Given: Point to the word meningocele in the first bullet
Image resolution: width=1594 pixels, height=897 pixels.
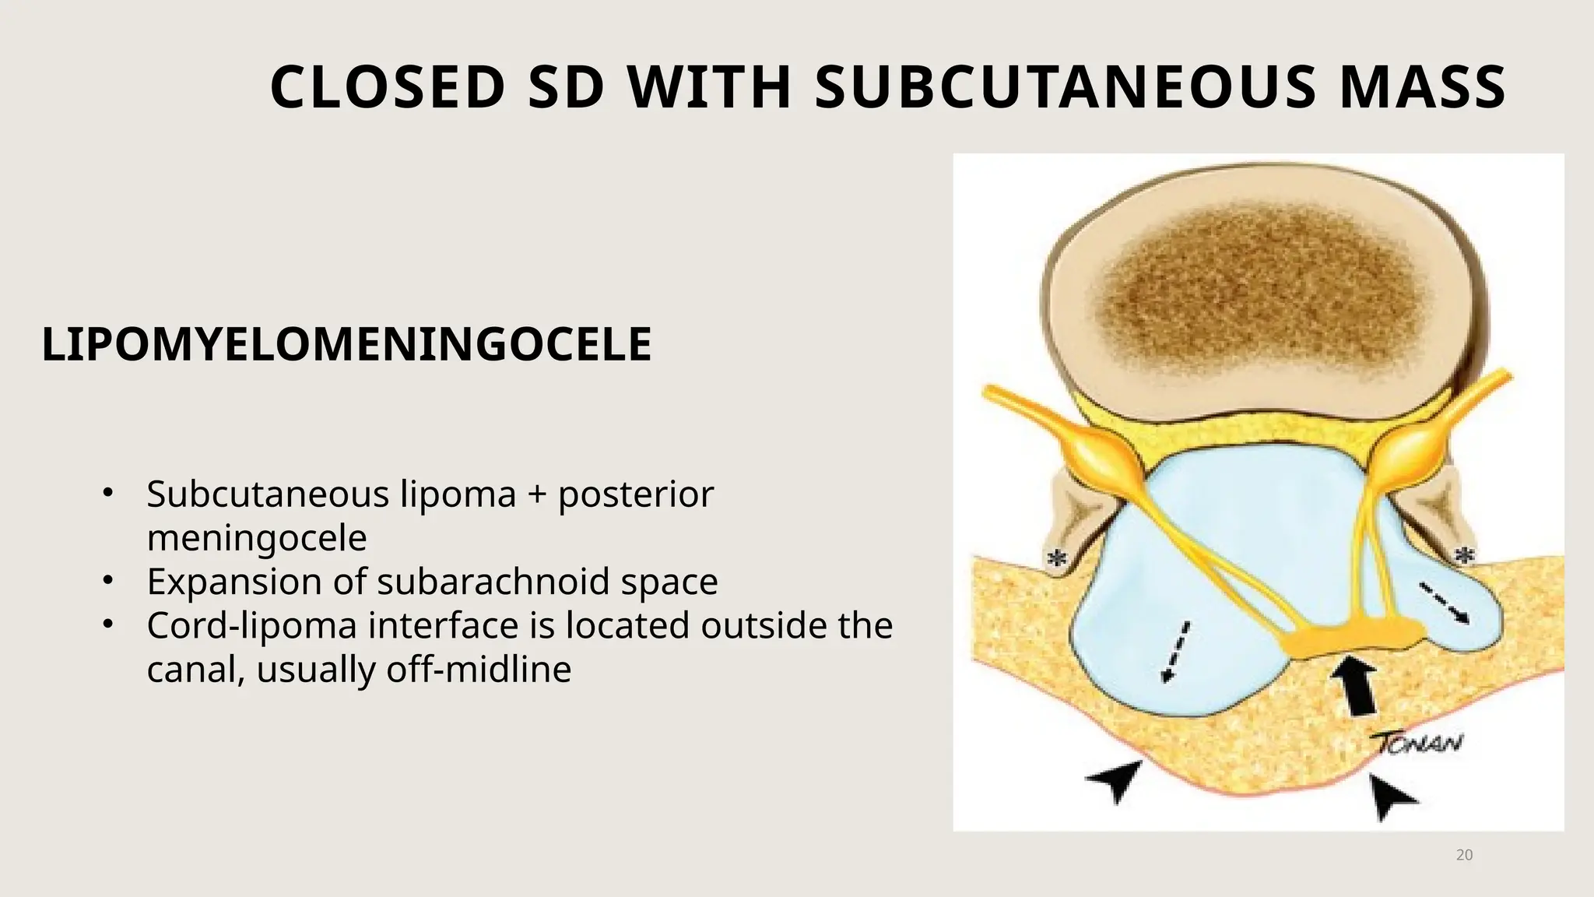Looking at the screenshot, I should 257,537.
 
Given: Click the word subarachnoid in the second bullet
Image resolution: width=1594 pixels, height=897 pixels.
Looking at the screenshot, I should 493,581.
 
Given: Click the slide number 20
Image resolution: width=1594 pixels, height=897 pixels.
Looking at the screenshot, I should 1464,855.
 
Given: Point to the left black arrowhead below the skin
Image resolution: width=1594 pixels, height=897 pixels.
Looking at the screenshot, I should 1115,779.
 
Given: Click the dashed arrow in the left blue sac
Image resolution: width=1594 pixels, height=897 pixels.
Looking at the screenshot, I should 1175,652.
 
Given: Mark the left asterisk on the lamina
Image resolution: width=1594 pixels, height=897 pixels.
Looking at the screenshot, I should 1056,558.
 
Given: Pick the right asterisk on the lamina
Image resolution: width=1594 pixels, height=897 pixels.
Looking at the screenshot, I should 1464,555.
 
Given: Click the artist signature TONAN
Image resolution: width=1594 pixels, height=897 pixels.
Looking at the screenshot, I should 1417,744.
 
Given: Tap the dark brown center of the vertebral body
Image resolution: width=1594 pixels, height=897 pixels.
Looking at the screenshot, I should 1261,288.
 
